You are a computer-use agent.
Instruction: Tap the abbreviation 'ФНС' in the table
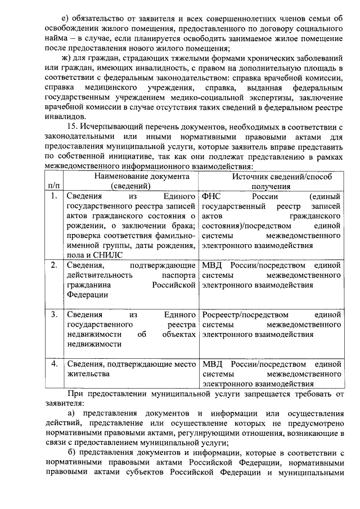click(212, 197)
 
